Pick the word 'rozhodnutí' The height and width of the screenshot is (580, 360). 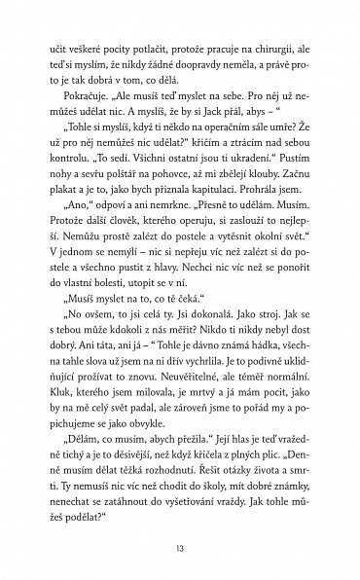click(162, 489)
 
